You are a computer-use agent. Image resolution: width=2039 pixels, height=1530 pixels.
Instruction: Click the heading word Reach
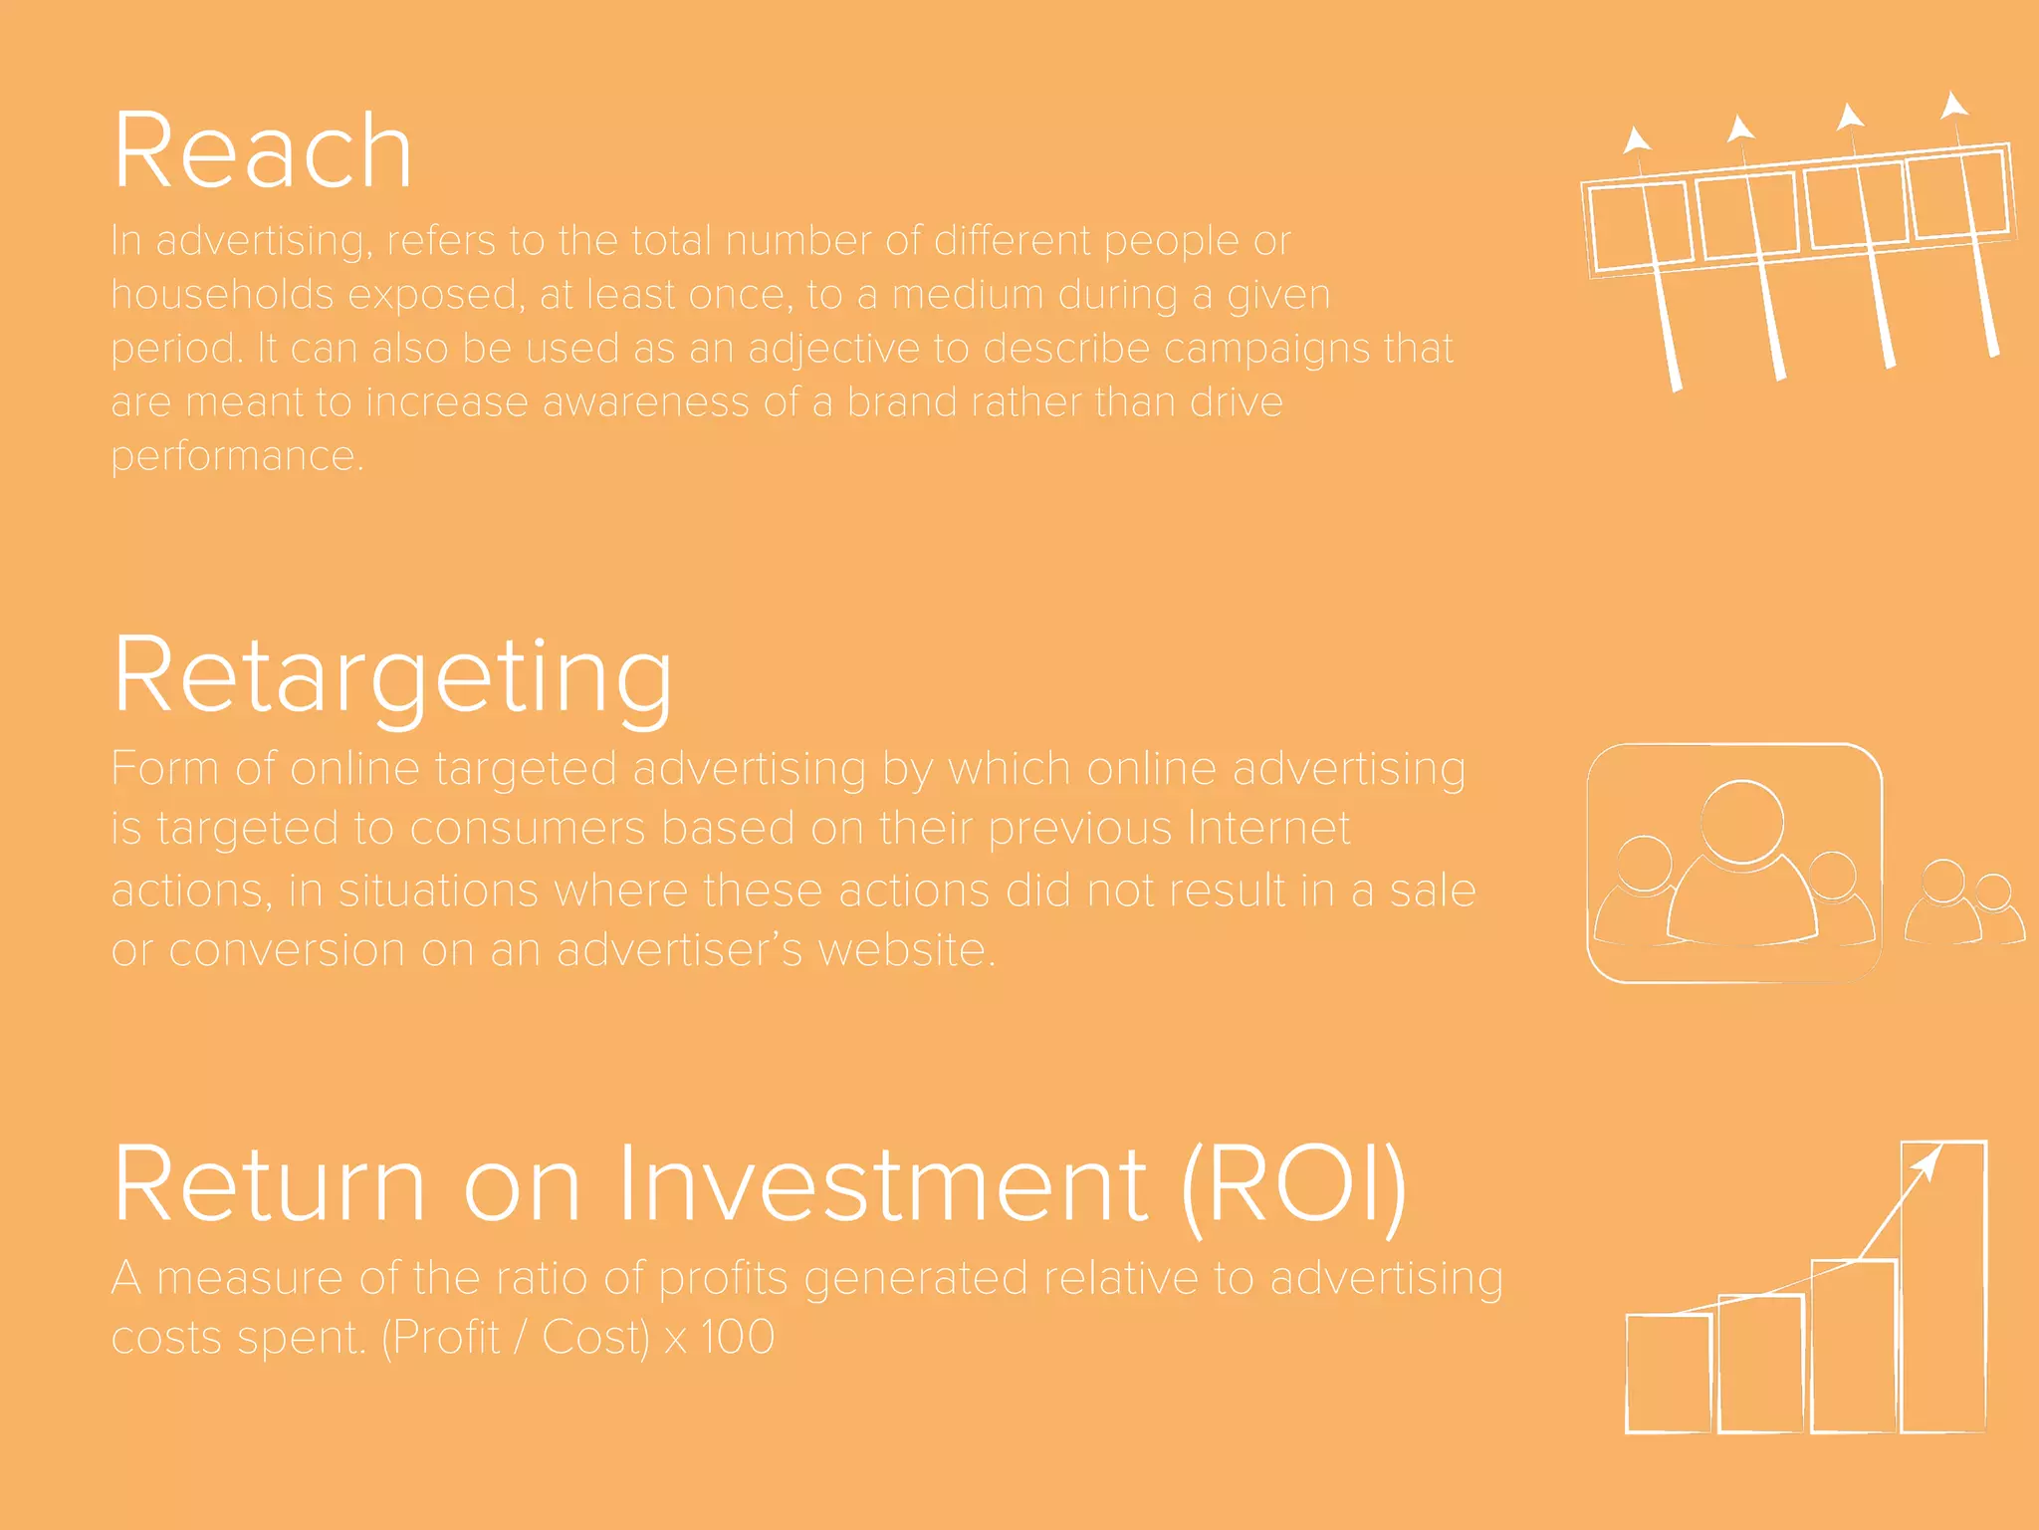[x=263, y=151]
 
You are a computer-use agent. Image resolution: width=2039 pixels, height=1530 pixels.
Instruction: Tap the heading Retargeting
[x=393, y=677]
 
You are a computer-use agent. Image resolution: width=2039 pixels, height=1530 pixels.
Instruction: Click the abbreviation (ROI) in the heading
[x=1293, y=1185]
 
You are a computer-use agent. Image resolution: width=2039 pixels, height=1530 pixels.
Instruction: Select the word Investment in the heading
[x=882, y=1185]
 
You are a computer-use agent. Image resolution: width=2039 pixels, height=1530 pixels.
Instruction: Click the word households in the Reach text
[x=222, y=295]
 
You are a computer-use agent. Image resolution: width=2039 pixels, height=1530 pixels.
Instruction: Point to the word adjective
[x=833, y=350]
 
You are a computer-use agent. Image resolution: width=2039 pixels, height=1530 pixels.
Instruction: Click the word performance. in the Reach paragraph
[x=237, y=456]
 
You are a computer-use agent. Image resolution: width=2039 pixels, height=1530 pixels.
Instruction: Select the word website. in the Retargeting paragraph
[x=906, y=950]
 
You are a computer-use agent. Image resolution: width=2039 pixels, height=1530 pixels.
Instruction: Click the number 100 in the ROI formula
[x=737, y=1337]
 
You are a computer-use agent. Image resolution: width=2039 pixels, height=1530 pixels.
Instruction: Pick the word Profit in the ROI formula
[x=445, y=1337]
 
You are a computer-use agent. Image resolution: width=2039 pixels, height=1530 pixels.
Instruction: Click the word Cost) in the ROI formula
[x=595, y=1337]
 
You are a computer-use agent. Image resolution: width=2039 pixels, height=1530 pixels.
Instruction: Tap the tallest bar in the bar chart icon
[x=1943, y=1295]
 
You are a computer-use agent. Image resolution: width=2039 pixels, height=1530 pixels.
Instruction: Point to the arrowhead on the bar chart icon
[x=1928, y=1163]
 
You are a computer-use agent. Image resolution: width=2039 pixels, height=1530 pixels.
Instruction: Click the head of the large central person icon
[x=1741, y=821]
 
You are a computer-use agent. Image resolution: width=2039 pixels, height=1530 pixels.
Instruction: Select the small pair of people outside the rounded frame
[x=1963, y=904]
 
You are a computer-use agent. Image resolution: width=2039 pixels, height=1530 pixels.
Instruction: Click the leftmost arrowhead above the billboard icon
[x=1634, y=139]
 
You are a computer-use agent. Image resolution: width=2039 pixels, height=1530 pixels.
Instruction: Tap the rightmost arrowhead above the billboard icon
[x=1953, y=106]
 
